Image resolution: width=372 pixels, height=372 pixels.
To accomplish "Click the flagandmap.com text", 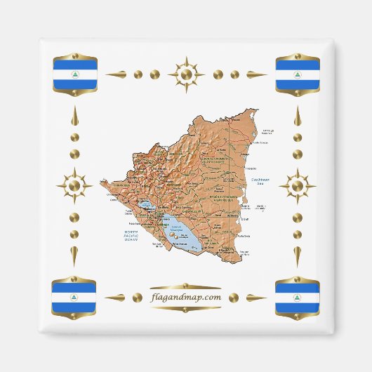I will pos(186,297).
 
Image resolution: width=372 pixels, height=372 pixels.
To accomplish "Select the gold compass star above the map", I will pos(186,74).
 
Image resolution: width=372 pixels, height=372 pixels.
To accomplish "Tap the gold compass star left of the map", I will pos(74,186).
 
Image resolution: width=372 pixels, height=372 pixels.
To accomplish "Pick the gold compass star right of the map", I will pos(297,186).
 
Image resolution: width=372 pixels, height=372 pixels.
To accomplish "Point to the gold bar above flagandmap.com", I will pos(186,286).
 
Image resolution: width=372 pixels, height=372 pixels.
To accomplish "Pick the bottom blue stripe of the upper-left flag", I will pos(75,84).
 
